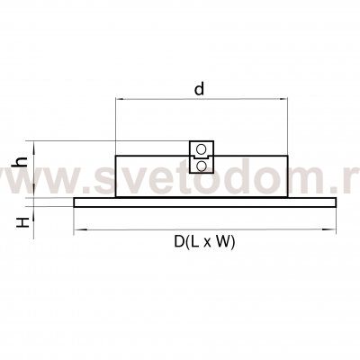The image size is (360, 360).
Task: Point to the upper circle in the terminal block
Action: point(202,148)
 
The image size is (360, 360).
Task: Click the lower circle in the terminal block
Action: point(202,165)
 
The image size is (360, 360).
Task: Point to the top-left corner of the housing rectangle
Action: point(116,157)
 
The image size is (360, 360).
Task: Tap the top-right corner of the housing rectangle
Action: point(286,157)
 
